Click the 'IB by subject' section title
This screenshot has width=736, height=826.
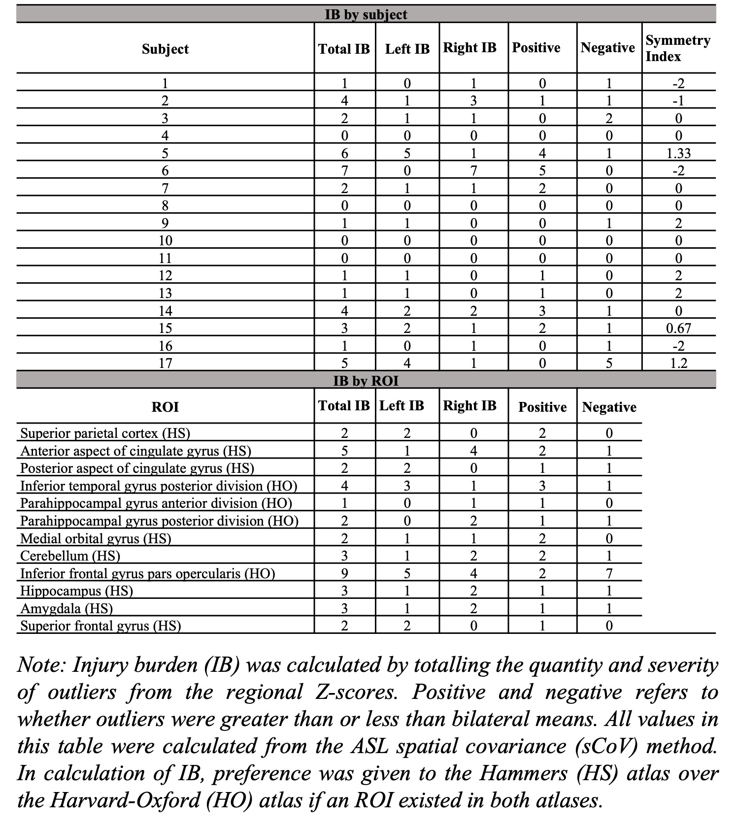366,14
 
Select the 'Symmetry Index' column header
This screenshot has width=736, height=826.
678,48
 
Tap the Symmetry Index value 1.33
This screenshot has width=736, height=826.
678,153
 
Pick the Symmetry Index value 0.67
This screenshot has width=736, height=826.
678,328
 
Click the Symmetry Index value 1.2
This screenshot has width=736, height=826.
678,363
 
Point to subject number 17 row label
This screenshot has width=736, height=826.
165,363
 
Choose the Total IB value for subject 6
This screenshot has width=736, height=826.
344,171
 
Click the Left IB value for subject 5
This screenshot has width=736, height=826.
407,153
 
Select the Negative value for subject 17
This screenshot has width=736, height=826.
609,363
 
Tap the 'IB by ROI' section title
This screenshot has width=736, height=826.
366,381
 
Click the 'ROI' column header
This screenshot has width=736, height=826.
165,407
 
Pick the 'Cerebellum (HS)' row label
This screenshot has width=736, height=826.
70,556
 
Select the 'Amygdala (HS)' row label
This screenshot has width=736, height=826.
67,609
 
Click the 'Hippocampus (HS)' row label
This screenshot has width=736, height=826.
76,591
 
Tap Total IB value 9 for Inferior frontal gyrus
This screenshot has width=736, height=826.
344,573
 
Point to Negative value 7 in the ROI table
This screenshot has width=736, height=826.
609,573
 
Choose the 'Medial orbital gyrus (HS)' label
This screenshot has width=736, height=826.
96,538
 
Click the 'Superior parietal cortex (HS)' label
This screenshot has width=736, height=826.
105,433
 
